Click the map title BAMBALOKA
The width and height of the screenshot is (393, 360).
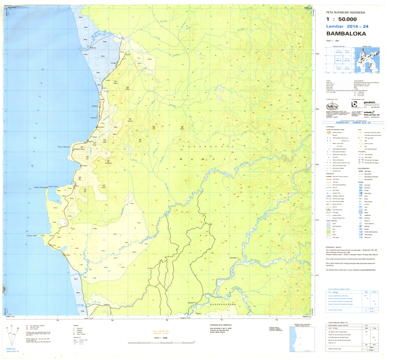[343, 33]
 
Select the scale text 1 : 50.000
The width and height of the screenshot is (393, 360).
[342, 19]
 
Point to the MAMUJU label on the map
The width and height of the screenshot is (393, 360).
[207, 159]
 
